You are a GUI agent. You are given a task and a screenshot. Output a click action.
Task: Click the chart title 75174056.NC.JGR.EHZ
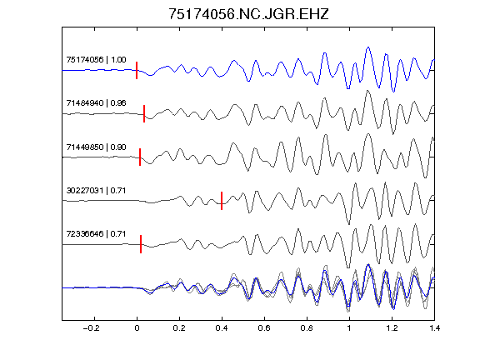248,14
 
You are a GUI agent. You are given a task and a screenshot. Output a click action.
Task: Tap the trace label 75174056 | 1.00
96,59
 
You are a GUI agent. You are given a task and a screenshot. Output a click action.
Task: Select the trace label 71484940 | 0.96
96,102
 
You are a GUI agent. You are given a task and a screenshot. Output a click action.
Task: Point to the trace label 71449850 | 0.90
96,147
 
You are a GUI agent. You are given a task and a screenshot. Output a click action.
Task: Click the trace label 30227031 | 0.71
96,190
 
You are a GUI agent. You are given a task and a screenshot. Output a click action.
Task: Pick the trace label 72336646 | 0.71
96,234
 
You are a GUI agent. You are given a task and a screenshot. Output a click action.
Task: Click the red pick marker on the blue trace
137,70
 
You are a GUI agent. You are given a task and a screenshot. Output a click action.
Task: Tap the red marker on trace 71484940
144,114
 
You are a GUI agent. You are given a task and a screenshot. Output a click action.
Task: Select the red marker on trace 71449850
140,157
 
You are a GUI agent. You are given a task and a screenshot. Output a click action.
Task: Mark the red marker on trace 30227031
222,201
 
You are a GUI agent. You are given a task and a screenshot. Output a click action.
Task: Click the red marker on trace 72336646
141,244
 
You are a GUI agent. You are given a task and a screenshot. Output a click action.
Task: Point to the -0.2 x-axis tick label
91,328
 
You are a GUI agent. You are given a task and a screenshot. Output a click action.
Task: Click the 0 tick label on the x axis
137,328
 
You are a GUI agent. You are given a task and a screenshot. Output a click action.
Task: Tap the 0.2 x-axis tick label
179,328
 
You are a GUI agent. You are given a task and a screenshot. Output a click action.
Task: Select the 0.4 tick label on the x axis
222,328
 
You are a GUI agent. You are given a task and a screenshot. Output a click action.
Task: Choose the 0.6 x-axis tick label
264,328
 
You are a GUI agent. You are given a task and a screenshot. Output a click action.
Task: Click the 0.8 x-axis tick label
307,328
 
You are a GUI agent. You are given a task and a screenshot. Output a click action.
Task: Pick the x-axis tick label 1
349,328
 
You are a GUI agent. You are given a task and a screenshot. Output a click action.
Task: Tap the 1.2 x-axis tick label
392,328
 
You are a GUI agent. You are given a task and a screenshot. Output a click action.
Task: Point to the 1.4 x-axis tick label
434,328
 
